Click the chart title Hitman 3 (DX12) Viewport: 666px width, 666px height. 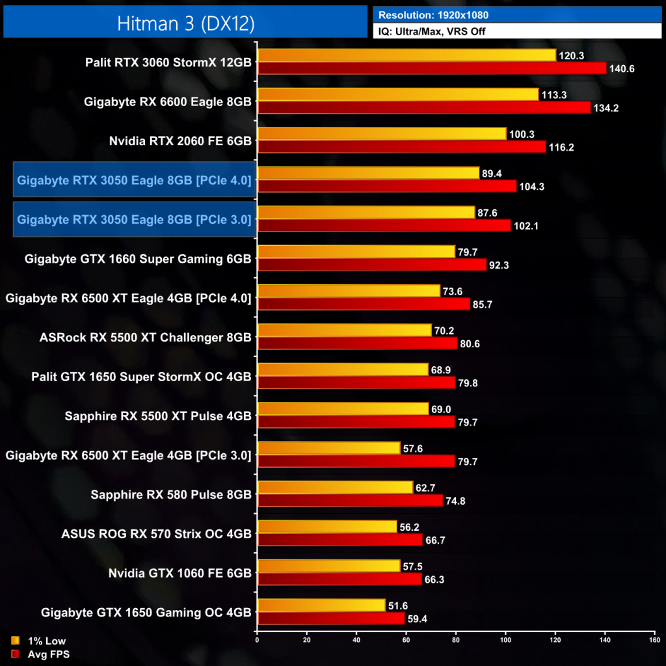(185, 23)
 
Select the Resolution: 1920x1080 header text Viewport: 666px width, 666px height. (434, 14)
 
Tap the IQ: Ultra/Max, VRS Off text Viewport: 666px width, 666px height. (432, 31)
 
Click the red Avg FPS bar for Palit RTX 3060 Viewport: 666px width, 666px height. (432, 68)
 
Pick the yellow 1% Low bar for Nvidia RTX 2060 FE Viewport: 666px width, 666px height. (382, 133)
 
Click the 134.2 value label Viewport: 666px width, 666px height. (606, 108)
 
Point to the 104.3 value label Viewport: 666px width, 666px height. (532, 186)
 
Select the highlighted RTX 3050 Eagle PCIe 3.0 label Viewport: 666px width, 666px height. (134, 219)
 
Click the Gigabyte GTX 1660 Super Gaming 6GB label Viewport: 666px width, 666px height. (138, 259)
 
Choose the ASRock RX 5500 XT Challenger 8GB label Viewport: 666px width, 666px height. (145, 338)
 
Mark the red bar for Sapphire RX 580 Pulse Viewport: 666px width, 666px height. (350, 500)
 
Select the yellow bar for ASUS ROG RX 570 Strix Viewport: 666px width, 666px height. (327, 526)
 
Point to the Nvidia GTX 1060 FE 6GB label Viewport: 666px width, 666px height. (180, 573)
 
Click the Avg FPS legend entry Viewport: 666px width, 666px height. (40, 654)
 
